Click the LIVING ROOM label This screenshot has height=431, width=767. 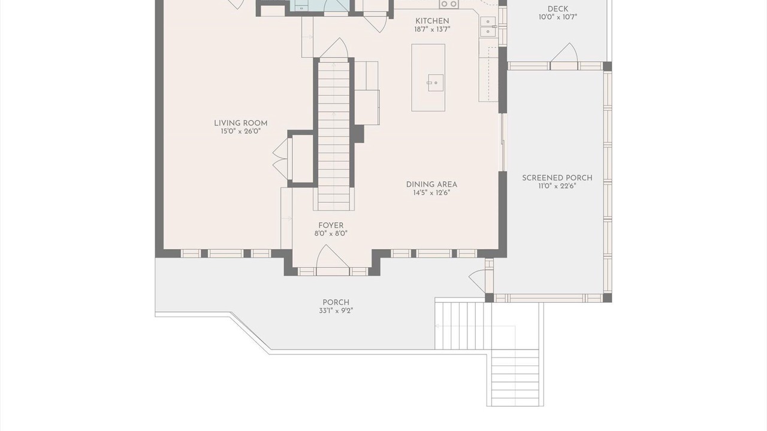241,123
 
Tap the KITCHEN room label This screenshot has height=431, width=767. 432,21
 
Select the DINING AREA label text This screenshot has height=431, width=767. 431,184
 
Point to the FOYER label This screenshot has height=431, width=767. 331,226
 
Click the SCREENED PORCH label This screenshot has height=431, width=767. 557,178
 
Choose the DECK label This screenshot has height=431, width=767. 558,9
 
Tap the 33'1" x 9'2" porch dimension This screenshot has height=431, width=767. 336,311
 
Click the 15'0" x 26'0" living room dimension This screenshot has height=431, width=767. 241,131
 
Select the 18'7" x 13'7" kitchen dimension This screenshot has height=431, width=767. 432,29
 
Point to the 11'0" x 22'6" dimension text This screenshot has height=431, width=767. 557,186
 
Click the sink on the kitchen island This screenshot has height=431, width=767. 436,83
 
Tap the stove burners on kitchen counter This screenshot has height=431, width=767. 449,4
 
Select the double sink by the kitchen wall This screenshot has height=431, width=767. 488,26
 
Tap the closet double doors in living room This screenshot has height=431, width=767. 282,159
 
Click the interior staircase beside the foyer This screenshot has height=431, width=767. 334,136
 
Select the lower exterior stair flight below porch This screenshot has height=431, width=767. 515,378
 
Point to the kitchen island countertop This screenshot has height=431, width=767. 428,77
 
